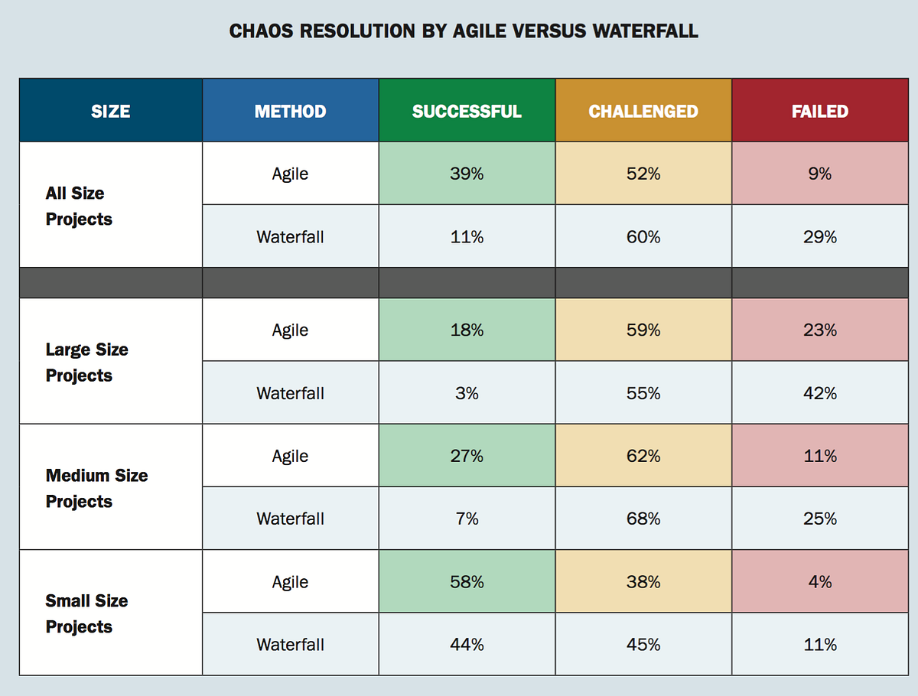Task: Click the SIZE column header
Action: coord(111,111)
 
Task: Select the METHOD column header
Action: coord(290,111)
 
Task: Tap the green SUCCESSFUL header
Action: coord(467,111)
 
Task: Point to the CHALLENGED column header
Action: coord(643,111)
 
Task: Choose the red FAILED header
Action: coord(820,111)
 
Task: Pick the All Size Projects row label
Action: coord(79,206)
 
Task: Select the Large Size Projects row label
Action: coord(87,363)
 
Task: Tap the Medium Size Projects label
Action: coord(96,488)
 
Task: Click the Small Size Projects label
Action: coord(87,613)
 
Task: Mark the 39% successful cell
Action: coord(467,174)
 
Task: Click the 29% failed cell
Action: coord(820,237)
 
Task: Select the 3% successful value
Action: coord(467,393)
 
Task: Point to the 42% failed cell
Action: coord(820,393)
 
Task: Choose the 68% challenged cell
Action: coord(643,519)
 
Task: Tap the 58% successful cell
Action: coord(467,582)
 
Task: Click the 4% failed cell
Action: coord(820,582)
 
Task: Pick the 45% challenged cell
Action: coord(643,645)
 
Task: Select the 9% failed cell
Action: coord(820,174)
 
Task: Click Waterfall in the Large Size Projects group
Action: coord(290,393)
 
